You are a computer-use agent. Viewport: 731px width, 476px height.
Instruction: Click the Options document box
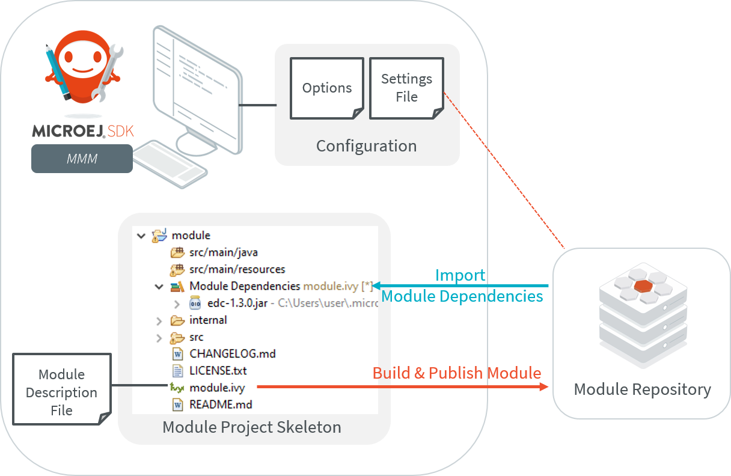tap(327, 88)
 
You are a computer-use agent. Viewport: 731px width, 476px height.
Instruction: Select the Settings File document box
tap(406, 88)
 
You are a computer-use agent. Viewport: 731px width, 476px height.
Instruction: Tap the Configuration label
tap(366, 146)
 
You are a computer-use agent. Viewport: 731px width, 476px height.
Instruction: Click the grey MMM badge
tap(82, 158)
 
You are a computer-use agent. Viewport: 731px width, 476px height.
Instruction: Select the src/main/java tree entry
tap(223, 252)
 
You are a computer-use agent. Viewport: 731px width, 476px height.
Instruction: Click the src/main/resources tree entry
tap(237, 269)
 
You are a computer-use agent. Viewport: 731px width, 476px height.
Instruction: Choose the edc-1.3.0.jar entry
tap(237, 303)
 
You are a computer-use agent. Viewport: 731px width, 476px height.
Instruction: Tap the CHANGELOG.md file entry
tap(232, 353)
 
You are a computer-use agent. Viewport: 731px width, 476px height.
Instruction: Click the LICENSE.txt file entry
tap(218, 370)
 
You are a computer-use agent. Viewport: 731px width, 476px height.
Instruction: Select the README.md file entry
tap(221, 404)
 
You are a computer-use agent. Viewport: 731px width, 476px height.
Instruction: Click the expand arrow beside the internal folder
tap(159, 320)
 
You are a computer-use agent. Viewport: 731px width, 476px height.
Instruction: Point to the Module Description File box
tap(62, 392)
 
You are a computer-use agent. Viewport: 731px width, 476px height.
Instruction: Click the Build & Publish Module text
tap(457, 373)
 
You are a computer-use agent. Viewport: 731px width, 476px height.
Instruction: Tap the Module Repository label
tap(642, 389)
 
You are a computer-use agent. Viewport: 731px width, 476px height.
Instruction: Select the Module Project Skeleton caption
tap(252, 427)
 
